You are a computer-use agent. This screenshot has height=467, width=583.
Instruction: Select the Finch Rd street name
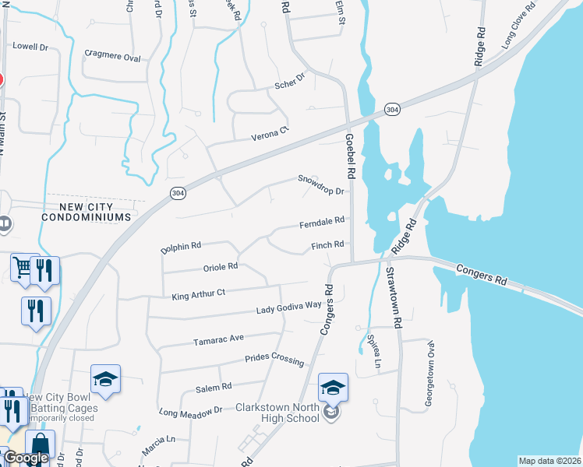327,246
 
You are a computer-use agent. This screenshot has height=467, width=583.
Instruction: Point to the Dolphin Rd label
181,247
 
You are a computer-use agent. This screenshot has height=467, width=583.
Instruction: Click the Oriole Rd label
220,267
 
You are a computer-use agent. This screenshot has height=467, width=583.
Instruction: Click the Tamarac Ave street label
219,339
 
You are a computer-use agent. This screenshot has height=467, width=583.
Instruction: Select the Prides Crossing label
274,359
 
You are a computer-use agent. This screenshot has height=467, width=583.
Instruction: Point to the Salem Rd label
214,387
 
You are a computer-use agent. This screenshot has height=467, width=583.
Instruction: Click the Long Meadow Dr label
191,410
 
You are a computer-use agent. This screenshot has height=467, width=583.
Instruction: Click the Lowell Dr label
30,47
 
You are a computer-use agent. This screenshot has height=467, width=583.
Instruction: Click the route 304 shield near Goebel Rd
393,109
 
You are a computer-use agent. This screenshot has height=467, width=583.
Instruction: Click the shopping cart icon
23,266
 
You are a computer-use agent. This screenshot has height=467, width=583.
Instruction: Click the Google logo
26,458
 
